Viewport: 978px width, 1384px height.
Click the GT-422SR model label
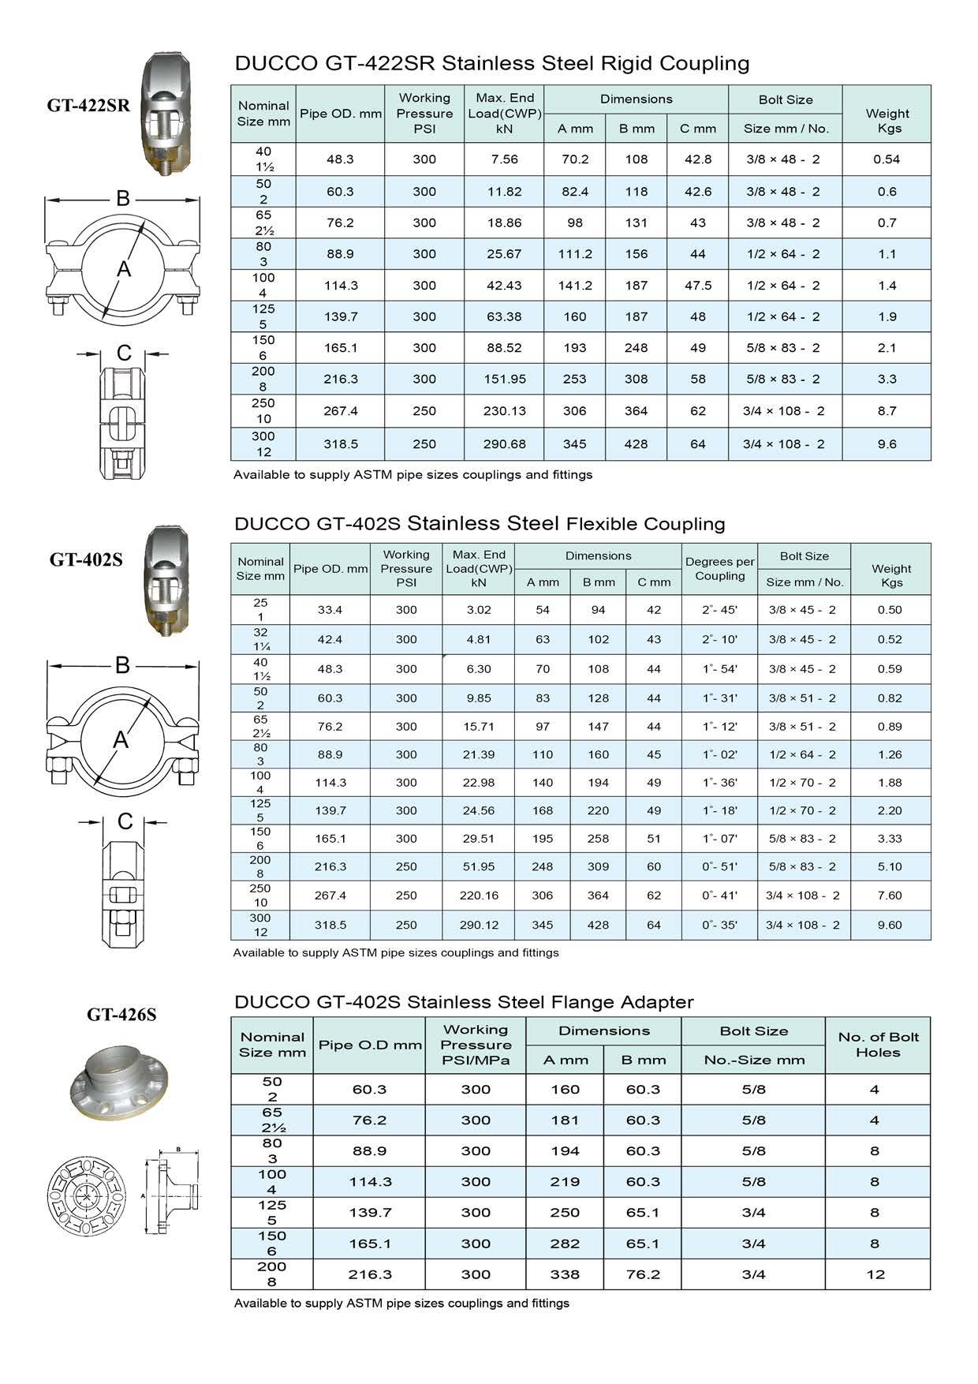(88, 106)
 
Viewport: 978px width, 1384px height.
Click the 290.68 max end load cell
(504, 444)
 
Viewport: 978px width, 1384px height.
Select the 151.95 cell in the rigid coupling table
(504, 380)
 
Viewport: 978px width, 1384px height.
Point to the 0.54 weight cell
(887, 159)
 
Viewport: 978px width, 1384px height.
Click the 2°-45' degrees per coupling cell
(719, 610)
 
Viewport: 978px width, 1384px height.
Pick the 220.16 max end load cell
(478, 896)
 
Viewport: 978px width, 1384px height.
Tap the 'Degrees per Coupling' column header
(719, 569)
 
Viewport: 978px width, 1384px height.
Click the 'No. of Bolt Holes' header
(878, 1045)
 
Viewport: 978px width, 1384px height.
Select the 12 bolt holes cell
(875, 1274)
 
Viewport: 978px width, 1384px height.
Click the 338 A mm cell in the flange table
(565, 1274)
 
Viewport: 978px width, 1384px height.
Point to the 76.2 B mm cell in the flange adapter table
(642, 1274)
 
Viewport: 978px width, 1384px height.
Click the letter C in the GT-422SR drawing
(124, 353)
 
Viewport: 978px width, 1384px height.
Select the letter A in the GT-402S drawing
(120, 740)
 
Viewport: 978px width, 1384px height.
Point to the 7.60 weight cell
(890, 896)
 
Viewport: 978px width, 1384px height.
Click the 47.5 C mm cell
(698, 286)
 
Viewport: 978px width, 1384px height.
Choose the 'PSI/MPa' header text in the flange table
(476, 1060)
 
